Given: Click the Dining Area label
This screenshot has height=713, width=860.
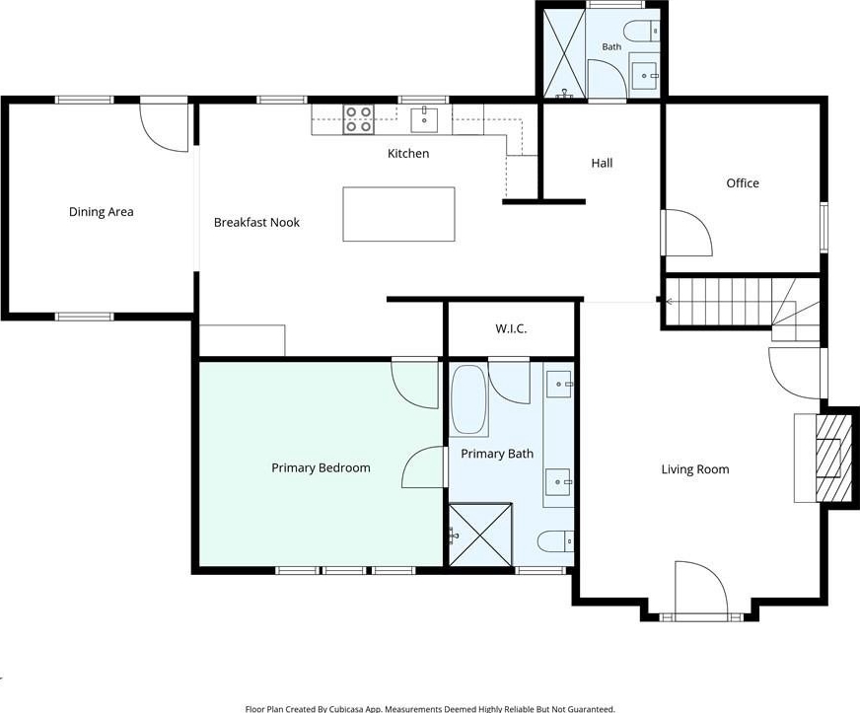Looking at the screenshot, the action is coord(101,212).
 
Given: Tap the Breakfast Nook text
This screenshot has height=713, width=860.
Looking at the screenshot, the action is coord(256,222).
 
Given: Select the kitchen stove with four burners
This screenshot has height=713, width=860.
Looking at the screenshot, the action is coord(359,119).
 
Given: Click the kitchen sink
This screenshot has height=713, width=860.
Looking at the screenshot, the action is coord(424,119).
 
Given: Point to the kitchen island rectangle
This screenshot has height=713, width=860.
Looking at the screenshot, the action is coord(398,214).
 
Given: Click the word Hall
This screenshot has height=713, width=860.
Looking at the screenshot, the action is coord(602,163).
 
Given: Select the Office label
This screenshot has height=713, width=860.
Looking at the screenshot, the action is coord(743,183).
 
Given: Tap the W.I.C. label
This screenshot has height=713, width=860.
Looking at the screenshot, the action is coord(511,329).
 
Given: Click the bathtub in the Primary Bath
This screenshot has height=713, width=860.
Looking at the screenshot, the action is coord(468,400).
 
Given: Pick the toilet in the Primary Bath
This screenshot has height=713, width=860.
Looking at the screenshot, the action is coord(555,541).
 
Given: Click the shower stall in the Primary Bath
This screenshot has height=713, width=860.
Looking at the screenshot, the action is coord(481,535).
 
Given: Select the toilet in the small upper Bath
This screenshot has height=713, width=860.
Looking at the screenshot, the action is coord(642,31).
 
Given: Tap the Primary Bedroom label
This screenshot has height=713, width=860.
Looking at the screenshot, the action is coord(321,467).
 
